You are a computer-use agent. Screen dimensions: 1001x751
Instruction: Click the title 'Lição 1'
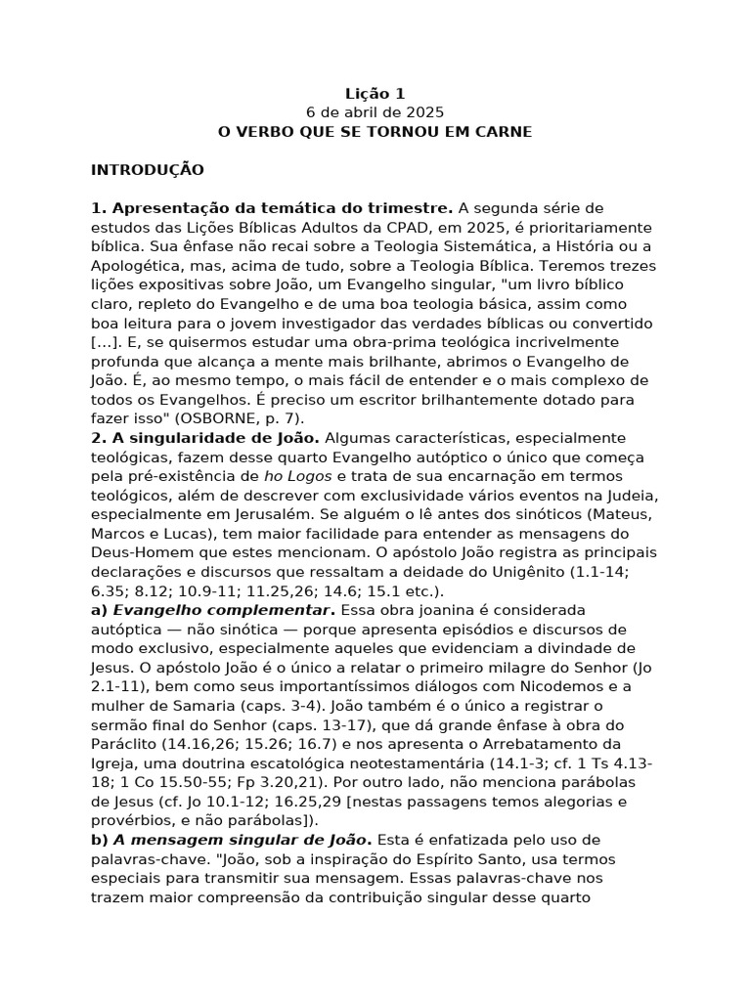tap(375, 94)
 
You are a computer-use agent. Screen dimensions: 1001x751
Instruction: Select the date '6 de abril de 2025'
tap(375, 112)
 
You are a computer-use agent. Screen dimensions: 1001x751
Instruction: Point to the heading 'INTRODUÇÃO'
tap(148, 170)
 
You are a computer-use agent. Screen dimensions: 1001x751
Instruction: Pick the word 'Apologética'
tap(136, 265)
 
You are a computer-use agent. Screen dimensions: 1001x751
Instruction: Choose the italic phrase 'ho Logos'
tap(299, 476)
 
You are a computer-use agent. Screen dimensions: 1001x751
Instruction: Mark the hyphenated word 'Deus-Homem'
tap(137, 552)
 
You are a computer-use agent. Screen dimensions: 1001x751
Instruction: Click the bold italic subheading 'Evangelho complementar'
tap(195, 610)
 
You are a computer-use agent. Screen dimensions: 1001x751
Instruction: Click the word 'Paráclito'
tap(127, 744)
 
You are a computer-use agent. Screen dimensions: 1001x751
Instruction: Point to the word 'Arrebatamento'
tap(570, 744)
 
